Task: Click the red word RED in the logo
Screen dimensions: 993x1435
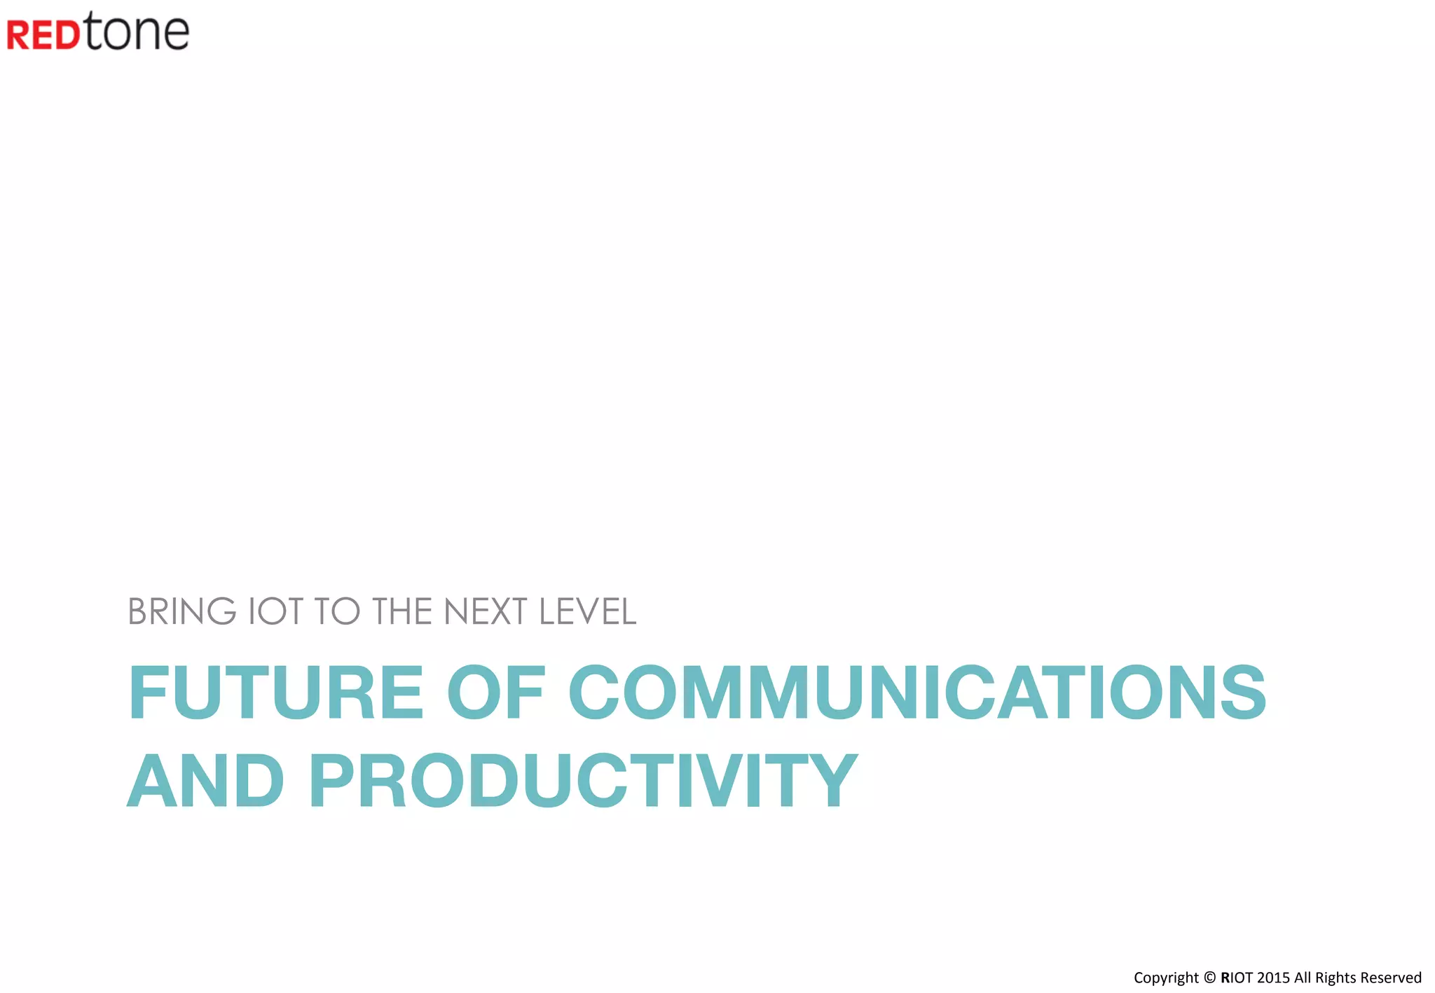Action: pos(43,35)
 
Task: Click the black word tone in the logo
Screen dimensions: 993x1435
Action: pos(137,32)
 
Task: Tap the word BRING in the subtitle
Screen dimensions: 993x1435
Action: pos(182,611)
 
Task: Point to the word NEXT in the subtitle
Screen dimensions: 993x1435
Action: pos(485,611)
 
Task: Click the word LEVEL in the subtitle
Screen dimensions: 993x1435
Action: pos(587,611)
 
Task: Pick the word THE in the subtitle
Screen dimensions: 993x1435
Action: pos(402,611)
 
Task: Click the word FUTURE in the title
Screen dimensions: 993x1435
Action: pos(276,693)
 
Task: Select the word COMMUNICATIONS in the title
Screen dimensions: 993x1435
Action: pos(917,693)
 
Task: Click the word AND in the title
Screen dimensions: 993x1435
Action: pos(206,780)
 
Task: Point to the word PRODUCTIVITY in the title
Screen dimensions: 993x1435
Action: pos(583,780)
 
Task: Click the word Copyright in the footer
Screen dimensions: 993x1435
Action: pos(1166,978)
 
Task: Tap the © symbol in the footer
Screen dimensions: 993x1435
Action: pos(1209,978)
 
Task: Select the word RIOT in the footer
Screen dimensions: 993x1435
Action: pos(1236,978)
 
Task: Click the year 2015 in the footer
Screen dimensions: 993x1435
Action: pos(1273,978)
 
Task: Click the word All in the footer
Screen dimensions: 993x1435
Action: pos(1303,978)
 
